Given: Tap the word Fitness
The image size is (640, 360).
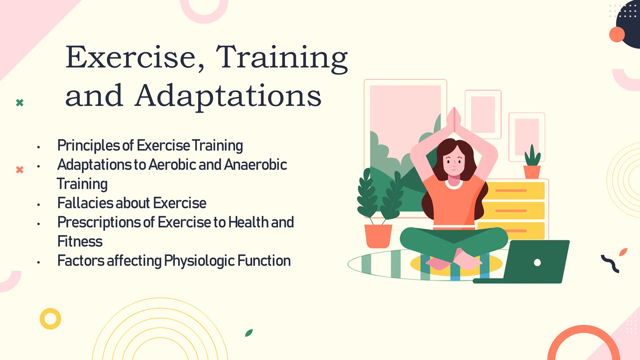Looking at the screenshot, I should pyautogui.click(x=80, y=242).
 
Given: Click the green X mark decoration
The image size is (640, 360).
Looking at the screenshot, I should pyautogui.click(x=20, y=102).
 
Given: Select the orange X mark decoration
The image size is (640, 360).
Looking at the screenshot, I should pyautogui.click(x=20, y=170).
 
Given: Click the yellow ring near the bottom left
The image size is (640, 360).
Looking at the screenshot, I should pyautogui.click(x=50, y=319).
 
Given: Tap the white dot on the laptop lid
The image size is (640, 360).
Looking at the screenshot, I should pyautogui.click(x=537, y=262).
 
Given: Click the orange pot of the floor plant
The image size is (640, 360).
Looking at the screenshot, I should pyautogui.click(x=378, y=236).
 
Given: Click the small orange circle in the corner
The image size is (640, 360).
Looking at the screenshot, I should pyautogui.click(x=617, y=34).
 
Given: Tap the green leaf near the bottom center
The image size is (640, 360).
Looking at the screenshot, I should pyautogui.click(x=249, y=333).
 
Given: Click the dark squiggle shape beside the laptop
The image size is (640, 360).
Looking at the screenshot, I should pyautogui.click(x=610, y=263).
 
